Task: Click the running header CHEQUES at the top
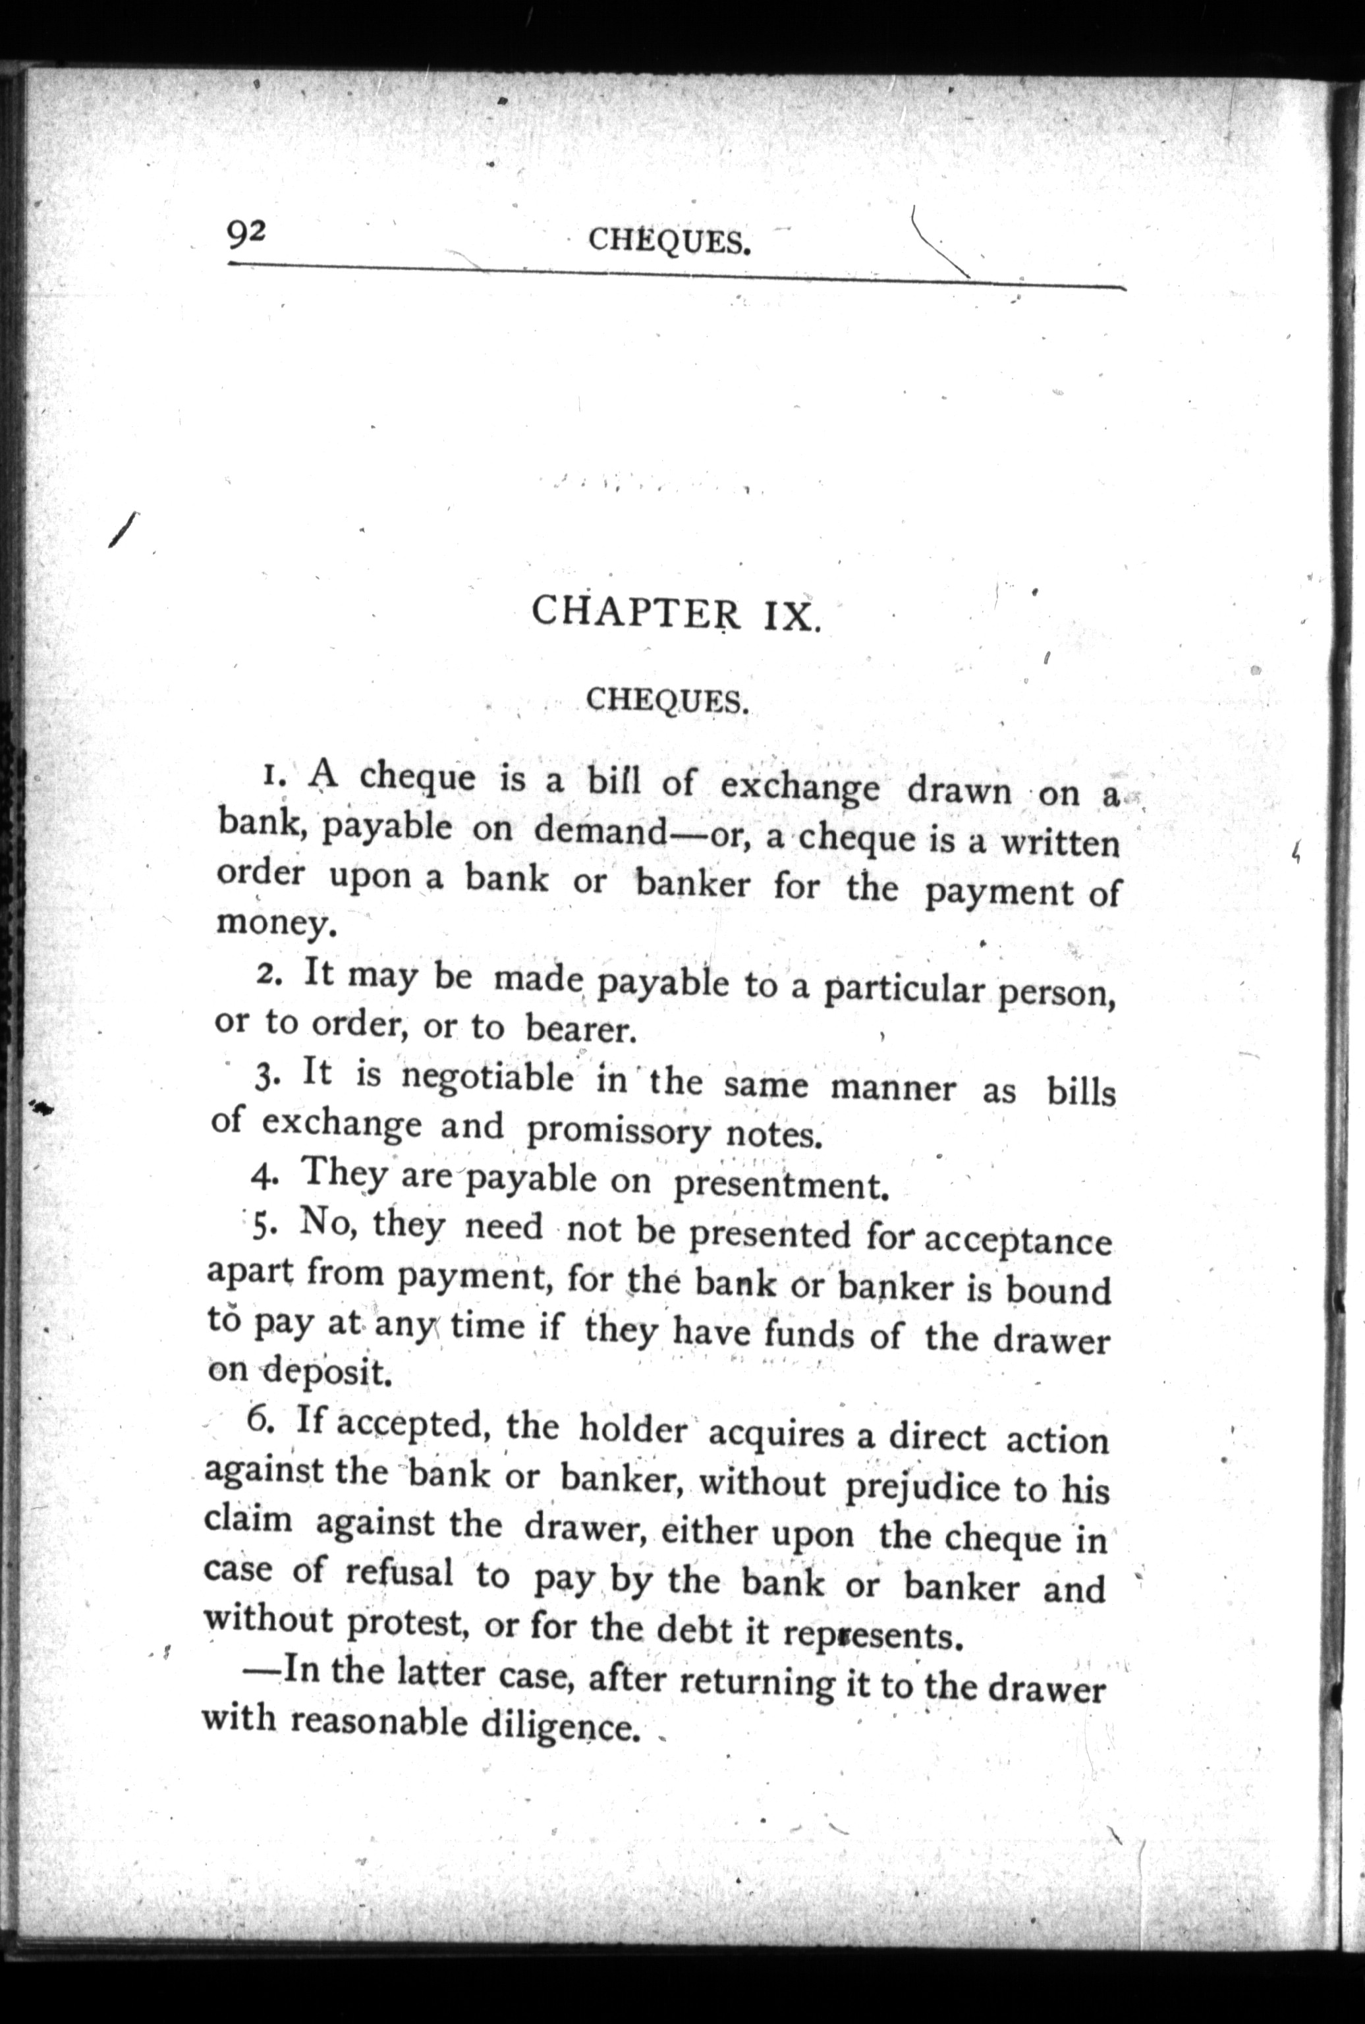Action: [x=669, y=241]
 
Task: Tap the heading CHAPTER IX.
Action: [x=675, y=613]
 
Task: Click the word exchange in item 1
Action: [x=800, y=787]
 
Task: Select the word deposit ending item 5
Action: [x=325, y=1373]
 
